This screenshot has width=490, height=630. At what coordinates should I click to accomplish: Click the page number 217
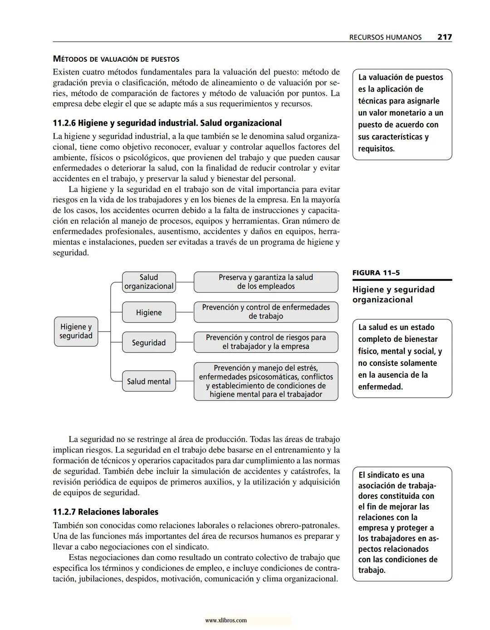coord(444,37)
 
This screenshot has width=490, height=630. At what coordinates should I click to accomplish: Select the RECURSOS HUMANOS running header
coord(385,37)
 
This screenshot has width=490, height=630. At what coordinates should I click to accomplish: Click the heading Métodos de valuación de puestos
coord(116,59)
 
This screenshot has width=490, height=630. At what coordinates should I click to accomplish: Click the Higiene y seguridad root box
coord(76,331)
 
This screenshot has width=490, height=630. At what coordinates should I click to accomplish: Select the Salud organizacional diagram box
coord(149,282)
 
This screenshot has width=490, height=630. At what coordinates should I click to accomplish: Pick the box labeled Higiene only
coord(149,312)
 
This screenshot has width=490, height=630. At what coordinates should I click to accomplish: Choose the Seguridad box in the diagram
coord(149,343)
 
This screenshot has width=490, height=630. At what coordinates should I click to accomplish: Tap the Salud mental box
coord(149,381)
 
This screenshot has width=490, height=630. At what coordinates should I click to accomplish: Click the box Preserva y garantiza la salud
coord(266,282)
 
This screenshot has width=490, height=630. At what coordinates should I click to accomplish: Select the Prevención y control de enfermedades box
coord(266,312)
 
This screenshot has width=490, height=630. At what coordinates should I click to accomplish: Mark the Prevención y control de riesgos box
coord(266,342)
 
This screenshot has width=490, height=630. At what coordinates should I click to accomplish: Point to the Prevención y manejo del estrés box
coord(266,381)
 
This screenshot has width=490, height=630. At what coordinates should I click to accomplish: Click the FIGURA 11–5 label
coord(376,273)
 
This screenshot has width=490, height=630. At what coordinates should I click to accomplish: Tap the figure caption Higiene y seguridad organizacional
coord(393,295)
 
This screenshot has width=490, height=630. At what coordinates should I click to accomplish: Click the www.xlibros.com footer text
coord(226,620)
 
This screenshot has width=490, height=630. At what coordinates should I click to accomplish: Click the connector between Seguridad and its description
coord(185,343)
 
